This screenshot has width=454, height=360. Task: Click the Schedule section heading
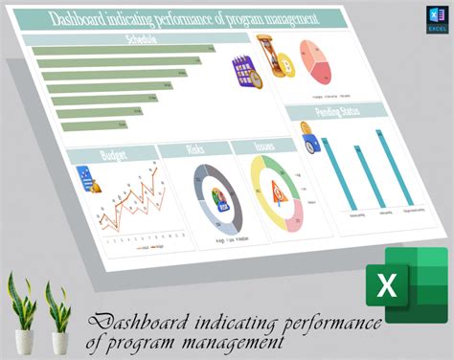click(141, 40)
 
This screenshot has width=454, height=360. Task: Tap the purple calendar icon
click(242, 74)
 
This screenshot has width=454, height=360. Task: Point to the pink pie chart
click(317, 64)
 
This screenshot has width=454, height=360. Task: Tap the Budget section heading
click(113, 155)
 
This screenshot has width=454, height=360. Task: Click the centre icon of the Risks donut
click(221, 201)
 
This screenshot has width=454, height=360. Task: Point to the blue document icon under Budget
click(85, 179)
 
